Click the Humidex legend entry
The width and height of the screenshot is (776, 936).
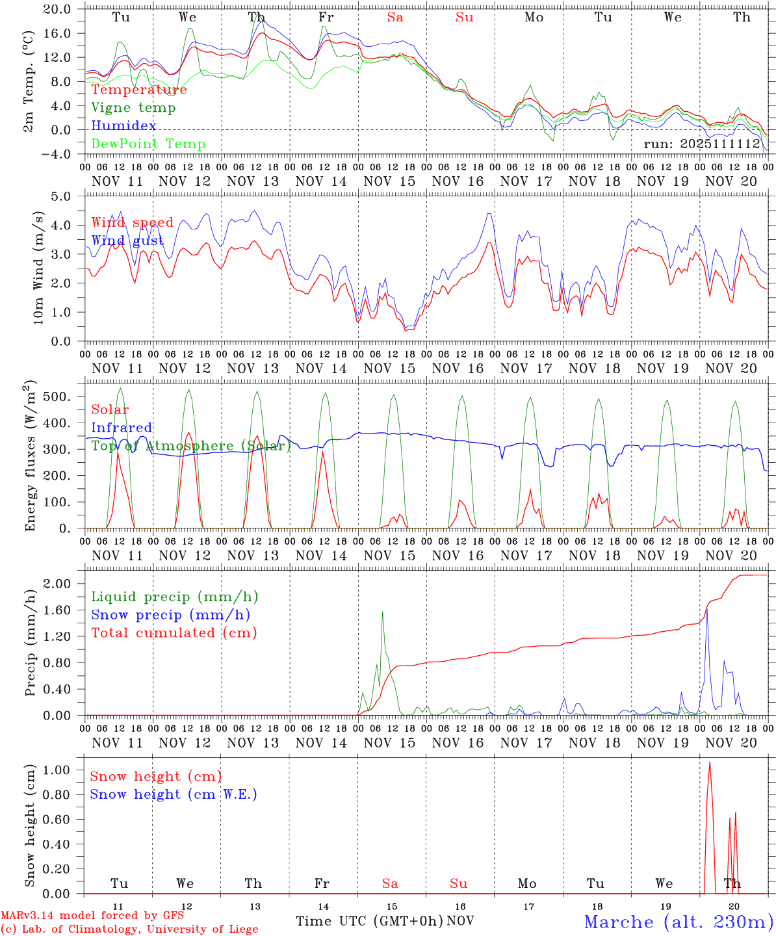(x=123, y=126)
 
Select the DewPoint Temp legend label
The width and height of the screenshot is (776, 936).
(x=148, y=144)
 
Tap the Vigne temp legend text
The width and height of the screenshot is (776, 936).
(x=133, y=108)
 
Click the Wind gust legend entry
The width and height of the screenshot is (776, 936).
(x=127, y=241)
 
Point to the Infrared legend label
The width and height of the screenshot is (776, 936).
(x=122, y=428)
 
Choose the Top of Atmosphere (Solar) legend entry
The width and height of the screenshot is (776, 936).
(x=191, y=446)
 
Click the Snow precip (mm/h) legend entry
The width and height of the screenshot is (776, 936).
(x=170, y=615)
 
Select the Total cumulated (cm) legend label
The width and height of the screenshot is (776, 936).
(x=174, y=633)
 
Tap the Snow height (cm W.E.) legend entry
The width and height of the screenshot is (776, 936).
(x=174, y=794)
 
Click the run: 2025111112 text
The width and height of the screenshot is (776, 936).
(x=702, y=144)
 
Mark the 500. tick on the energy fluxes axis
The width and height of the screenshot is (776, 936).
(x=64, y=396)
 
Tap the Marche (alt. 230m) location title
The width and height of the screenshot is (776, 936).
(x=679, y=922)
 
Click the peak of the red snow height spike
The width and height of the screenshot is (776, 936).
(x=710, y=762)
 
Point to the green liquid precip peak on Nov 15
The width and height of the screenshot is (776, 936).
(x=382, y=612)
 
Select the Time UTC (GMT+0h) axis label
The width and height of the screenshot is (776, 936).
(x=369, y=921)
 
